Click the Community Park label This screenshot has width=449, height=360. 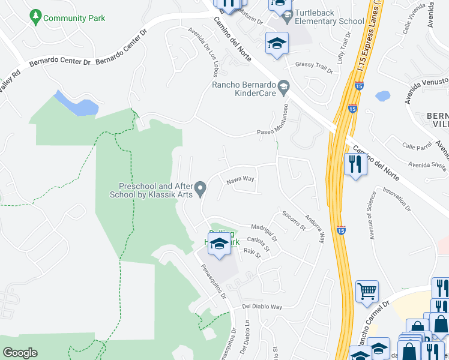(x=74, y=18)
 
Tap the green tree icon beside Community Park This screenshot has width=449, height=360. (x=37, y=17)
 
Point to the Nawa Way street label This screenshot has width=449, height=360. (x=240, y=179)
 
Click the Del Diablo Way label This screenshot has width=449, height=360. (x=262, y=307)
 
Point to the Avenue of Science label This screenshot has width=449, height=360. (x=371, y=215)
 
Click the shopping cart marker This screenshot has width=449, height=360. (x=367, y=292)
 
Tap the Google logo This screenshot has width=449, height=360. (x=20, y=353)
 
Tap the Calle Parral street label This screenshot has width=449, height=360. (x=417, y=146)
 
